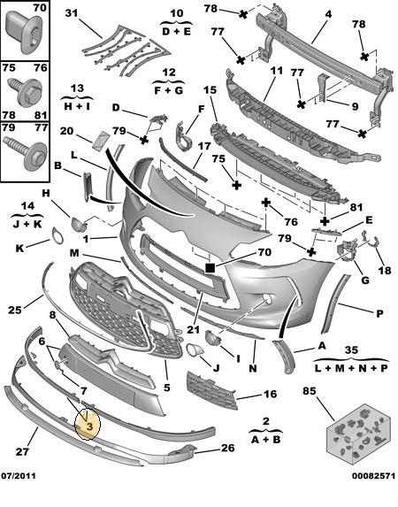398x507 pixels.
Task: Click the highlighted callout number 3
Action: coord(89,426)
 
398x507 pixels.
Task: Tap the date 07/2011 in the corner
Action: coord(19,476)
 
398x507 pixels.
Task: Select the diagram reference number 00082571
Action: coord(373,476)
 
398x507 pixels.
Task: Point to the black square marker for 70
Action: coord(210,268)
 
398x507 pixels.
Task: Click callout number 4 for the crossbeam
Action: coord(328,14)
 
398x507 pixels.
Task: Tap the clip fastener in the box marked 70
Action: coord(24,31)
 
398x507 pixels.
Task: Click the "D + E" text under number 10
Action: coord(176,31)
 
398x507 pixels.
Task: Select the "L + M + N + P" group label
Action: coord(351,368)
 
